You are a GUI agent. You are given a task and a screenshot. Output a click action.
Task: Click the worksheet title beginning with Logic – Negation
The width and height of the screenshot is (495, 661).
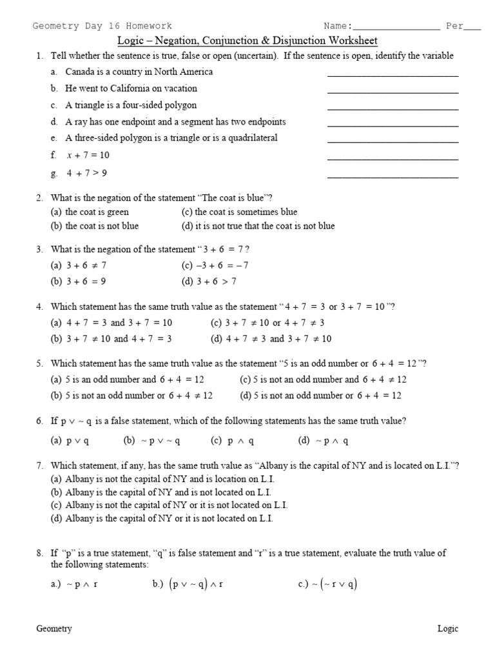[x=247, y=41]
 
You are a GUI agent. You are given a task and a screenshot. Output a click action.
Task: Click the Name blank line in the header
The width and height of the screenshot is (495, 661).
[x=397, y=29]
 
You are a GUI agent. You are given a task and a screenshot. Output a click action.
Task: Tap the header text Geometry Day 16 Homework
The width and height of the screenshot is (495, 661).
[x=102, y=26]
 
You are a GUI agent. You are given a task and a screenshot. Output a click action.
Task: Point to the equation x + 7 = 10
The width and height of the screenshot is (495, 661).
[x=88, y=155]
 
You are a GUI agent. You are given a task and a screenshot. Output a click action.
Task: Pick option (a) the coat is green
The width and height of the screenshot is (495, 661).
[x=90, y=212]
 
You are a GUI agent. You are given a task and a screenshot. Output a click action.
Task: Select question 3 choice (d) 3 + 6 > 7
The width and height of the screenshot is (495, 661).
[x=209, y=281]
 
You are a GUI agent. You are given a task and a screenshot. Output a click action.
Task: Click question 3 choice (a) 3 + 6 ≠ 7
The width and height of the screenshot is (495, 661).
[x=79, y=265]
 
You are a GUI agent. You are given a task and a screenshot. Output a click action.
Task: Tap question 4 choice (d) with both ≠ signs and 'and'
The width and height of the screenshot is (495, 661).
[x=271, y=339]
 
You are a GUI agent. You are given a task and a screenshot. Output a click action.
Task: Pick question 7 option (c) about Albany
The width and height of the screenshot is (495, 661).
[x=169, y=505]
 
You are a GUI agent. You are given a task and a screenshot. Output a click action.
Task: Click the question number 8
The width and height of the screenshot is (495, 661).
[x=39, y=553]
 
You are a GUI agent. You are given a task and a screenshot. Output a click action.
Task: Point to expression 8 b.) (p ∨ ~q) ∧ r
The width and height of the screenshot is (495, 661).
[x=188, y=585]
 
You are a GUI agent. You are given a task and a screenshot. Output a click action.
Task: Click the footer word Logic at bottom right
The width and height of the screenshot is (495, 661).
[x=448, y=629]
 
